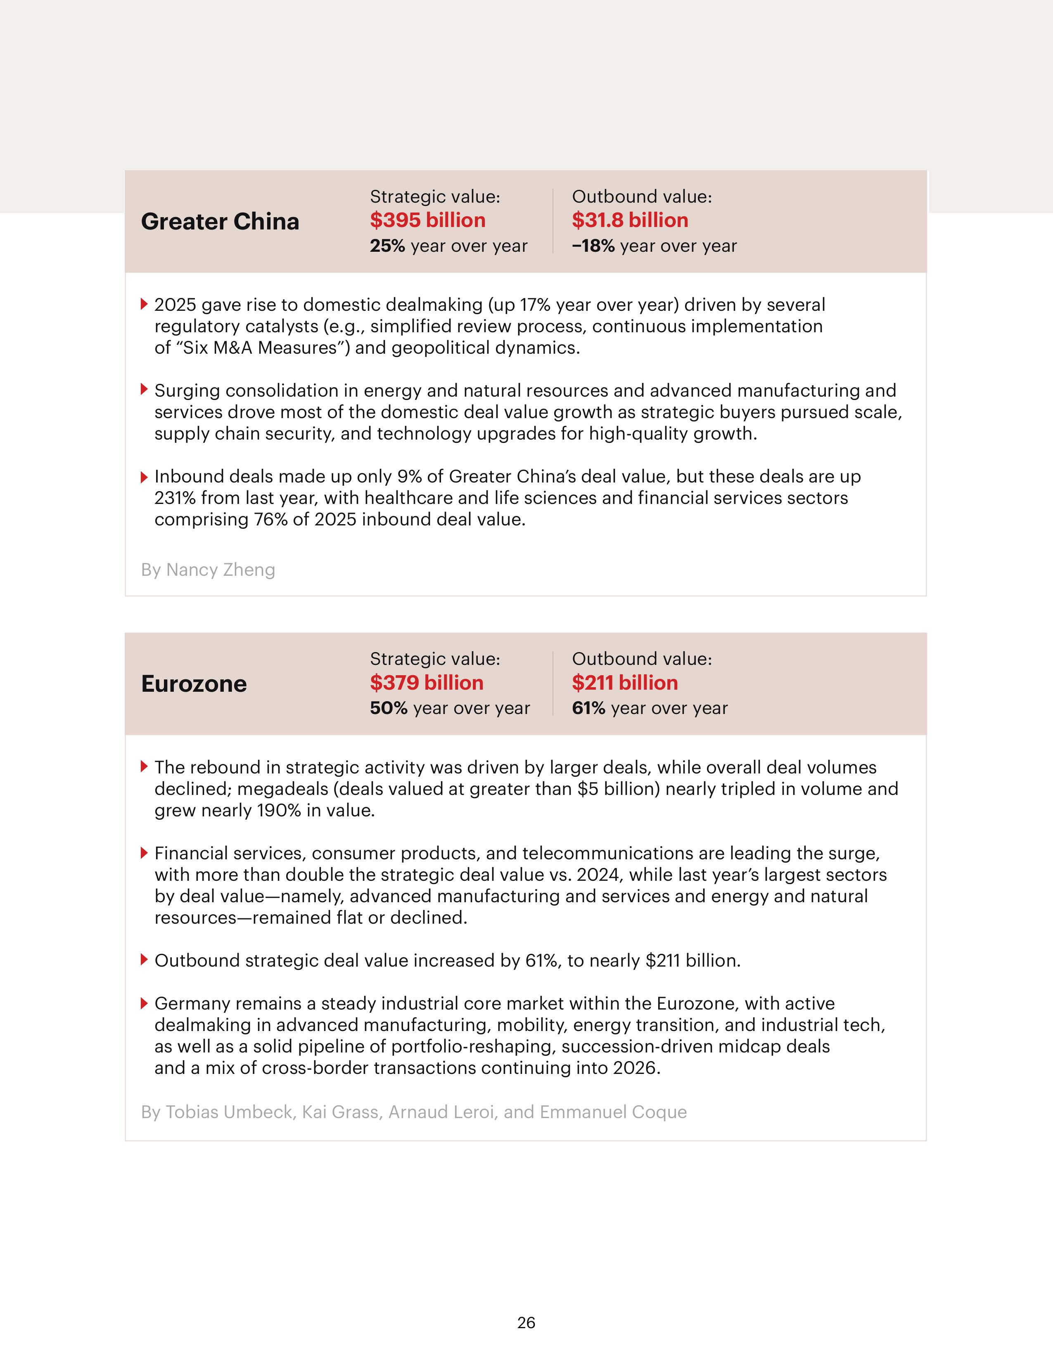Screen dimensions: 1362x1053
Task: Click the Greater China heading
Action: (220, 221)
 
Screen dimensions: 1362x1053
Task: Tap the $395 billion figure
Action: (427, 220)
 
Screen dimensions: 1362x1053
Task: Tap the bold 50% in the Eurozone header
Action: (388, 708)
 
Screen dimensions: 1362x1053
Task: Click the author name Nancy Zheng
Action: (220, 570)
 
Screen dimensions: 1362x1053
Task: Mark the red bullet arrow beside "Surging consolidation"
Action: (144, 390)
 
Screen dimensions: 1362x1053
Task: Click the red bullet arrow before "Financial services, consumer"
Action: (144, 853)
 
